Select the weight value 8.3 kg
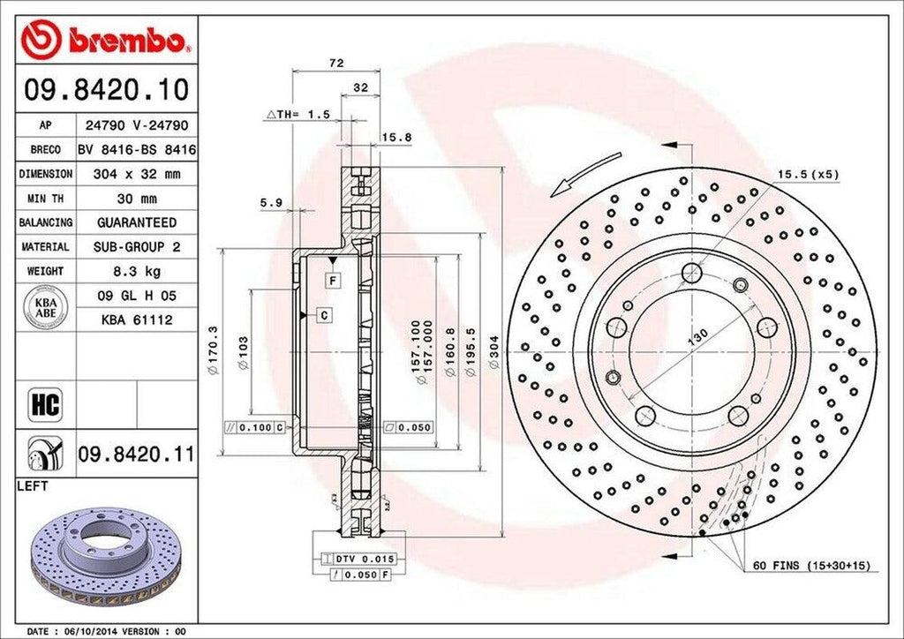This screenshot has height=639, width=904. [x=136, y=271]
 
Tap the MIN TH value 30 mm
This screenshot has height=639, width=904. [x=136, y=199]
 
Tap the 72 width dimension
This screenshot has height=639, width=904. [x=335, y=63]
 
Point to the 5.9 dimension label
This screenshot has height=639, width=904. [x=270, y=202]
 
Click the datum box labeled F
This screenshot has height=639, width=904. [x=333, y=281]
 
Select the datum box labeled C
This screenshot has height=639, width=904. [x=324, y=314]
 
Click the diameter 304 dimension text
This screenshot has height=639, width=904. [x=495, y=344]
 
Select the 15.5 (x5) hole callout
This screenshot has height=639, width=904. [x=807, y=175]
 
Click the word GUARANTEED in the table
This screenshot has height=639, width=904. [x=136, y=222]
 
